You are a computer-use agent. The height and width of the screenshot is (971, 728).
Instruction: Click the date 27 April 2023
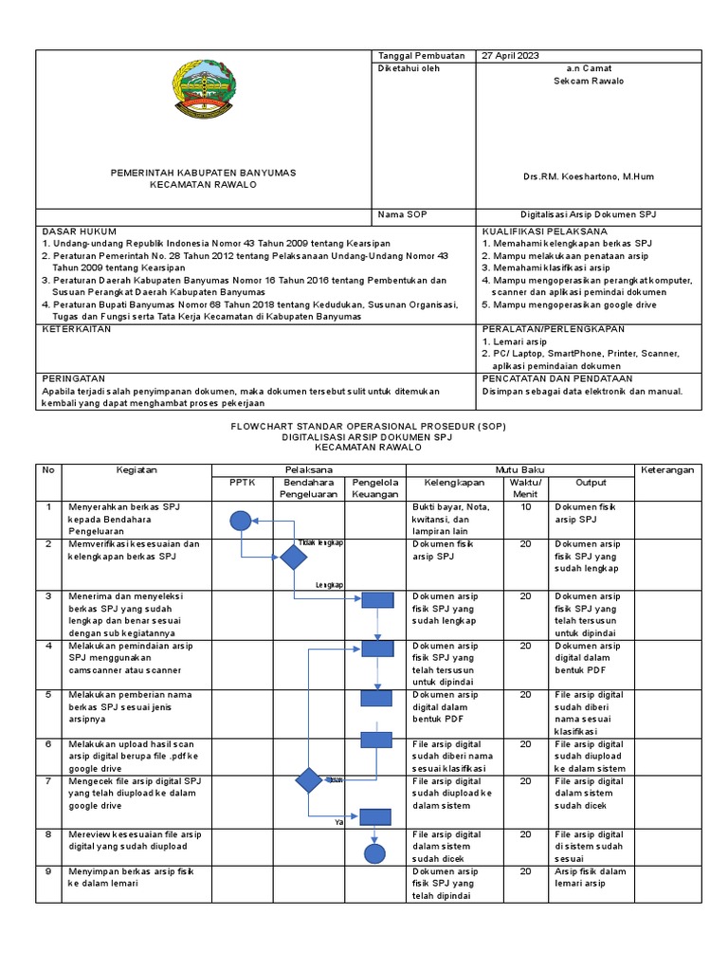click(x=511, y=56)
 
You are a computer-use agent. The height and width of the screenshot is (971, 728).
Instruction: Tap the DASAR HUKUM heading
click(x=80, y=231)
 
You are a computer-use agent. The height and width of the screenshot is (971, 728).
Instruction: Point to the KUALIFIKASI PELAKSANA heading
click(x=544, y=231)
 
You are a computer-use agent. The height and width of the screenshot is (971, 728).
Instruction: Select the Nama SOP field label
click(x=403, y=215)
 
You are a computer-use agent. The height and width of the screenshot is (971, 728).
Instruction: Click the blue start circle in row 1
click(x=241, y=520)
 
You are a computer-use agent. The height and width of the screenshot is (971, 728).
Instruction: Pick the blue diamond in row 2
click(x=294, y=558)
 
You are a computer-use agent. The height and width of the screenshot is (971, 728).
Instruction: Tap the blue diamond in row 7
click(x=309, y=780)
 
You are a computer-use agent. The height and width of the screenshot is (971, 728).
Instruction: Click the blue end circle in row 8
click(x=376, y=853)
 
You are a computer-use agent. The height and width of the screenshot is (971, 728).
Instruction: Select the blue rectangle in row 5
click(x=376, y=699)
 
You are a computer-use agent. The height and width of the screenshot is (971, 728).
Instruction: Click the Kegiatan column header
click(x=136, y=469)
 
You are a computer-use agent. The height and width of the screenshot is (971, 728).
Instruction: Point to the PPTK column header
click(x=243, y=482)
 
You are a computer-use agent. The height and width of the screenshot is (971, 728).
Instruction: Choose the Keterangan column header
click(x=667, y=469)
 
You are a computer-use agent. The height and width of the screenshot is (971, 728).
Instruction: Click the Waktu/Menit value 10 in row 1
click(x=525, y=507)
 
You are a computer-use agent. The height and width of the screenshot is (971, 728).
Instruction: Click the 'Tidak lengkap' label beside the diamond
click(x=320, y=542)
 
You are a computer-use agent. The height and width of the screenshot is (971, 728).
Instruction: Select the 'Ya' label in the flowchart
click(x=338, y=822)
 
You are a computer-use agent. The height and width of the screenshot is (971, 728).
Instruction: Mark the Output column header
click(x=591, y=482)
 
